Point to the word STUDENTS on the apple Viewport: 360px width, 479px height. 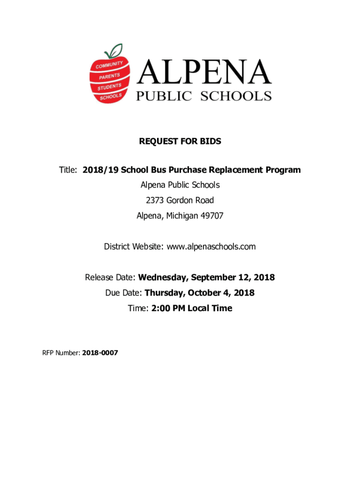pos(109,87)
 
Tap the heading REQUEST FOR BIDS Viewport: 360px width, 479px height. pos(180,141)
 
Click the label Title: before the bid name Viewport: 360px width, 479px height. pos(68,170)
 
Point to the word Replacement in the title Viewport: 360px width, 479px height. pos(238,170)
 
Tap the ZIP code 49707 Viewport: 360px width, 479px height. pos(210,216)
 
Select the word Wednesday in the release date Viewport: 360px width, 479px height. pos(162,277)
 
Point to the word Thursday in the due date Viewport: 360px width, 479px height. pos(166,293)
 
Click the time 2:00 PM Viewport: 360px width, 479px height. pos(167,308)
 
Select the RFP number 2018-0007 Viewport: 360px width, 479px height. pos(100,353)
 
